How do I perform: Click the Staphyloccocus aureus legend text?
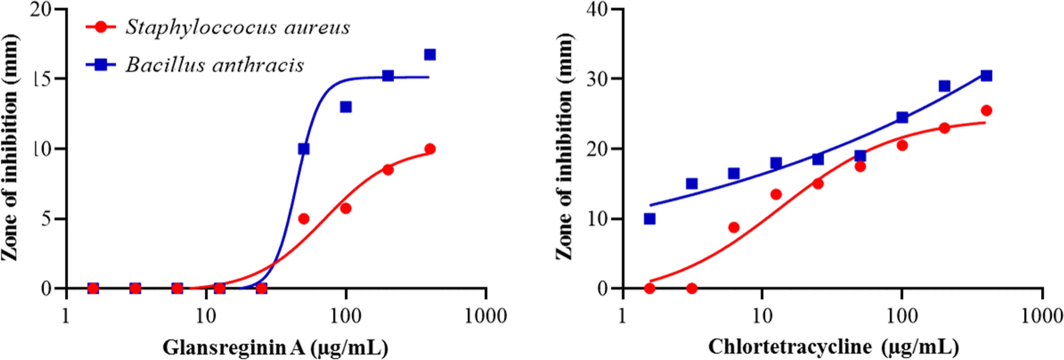pos(237,28)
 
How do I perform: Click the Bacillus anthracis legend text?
pos(215,65)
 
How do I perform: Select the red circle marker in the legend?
pos(101,27)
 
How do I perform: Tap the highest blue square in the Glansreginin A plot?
pos(430,55)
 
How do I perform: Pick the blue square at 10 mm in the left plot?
pos(304,148)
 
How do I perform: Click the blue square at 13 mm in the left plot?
pos(346,107)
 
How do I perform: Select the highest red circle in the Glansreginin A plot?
pos(430,149)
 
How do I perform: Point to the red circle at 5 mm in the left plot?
pos(304,219)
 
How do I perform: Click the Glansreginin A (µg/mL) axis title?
pos(275,347)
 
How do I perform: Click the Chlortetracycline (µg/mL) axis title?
pos(833,347)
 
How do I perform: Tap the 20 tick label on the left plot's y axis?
pos(41,10)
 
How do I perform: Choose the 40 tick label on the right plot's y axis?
pos(597,10)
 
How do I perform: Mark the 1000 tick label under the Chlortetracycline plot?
pos(1042,316)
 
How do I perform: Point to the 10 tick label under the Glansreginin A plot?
pos(206,316)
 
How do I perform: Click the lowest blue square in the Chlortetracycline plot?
pos(649,219)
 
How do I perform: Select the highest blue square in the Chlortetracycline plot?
pos(986,76)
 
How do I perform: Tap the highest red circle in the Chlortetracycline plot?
pos(986,111)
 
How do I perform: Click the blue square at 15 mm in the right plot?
pos(692,183)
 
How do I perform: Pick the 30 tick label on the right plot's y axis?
pos(597,79)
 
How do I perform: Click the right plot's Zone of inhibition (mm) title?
pos(564,147)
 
